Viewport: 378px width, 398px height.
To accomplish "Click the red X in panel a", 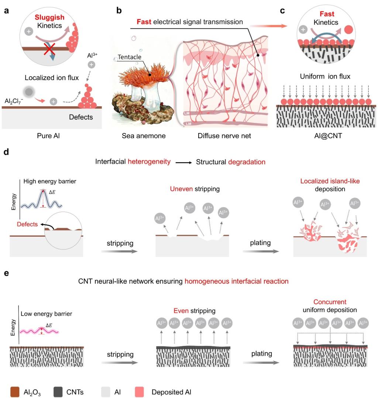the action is point(49,49).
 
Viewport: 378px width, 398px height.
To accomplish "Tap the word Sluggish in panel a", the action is point(49,17).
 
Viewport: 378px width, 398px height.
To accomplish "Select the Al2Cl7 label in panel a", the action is point(14,101).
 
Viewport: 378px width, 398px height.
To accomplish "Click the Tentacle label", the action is point(130,57).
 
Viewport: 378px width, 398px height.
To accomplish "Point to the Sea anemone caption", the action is point(144,136).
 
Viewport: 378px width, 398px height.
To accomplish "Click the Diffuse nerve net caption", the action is point(224,136).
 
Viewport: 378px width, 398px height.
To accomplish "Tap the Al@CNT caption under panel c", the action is point(328,136).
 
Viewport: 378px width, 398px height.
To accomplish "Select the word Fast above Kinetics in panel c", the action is point(327,14).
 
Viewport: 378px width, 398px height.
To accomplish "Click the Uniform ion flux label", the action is point(325,76).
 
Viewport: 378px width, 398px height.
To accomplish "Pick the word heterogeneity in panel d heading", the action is point(149,162).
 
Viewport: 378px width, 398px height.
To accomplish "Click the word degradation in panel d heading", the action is point(247,162).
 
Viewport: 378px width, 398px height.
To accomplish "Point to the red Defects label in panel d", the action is point(27,224).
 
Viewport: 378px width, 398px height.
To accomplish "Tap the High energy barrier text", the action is point(50,181).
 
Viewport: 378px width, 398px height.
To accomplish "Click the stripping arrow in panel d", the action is point(119,251).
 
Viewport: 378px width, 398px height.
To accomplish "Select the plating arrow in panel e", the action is point(261,363).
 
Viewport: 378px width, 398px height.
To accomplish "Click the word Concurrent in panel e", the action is point(330,302).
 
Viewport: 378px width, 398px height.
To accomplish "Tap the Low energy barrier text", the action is point(47,314).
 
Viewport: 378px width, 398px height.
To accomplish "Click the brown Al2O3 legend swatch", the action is point(15,392).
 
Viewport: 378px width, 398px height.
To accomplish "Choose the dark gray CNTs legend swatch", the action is point(58,392).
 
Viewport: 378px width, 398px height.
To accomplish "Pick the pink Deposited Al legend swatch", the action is point(140,392).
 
